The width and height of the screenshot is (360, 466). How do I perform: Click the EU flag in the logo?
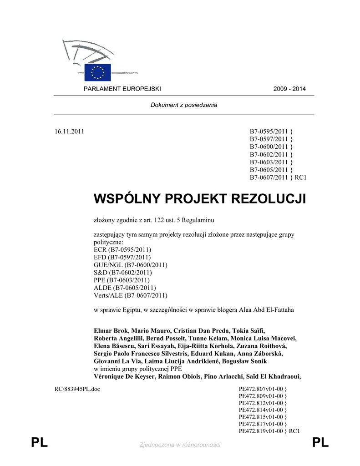(97, 72)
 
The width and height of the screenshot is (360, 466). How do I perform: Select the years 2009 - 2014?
(289, 89)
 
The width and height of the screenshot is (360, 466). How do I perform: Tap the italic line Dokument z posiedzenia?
(184, 105)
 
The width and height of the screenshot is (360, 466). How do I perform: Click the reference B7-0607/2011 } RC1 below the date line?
(278, 177)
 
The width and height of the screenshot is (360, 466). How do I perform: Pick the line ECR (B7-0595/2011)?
(122, 250)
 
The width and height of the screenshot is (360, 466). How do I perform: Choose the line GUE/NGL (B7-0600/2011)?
(130, 265)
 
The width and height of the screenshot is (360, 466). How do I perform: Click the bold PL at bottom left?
(40, 443)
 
